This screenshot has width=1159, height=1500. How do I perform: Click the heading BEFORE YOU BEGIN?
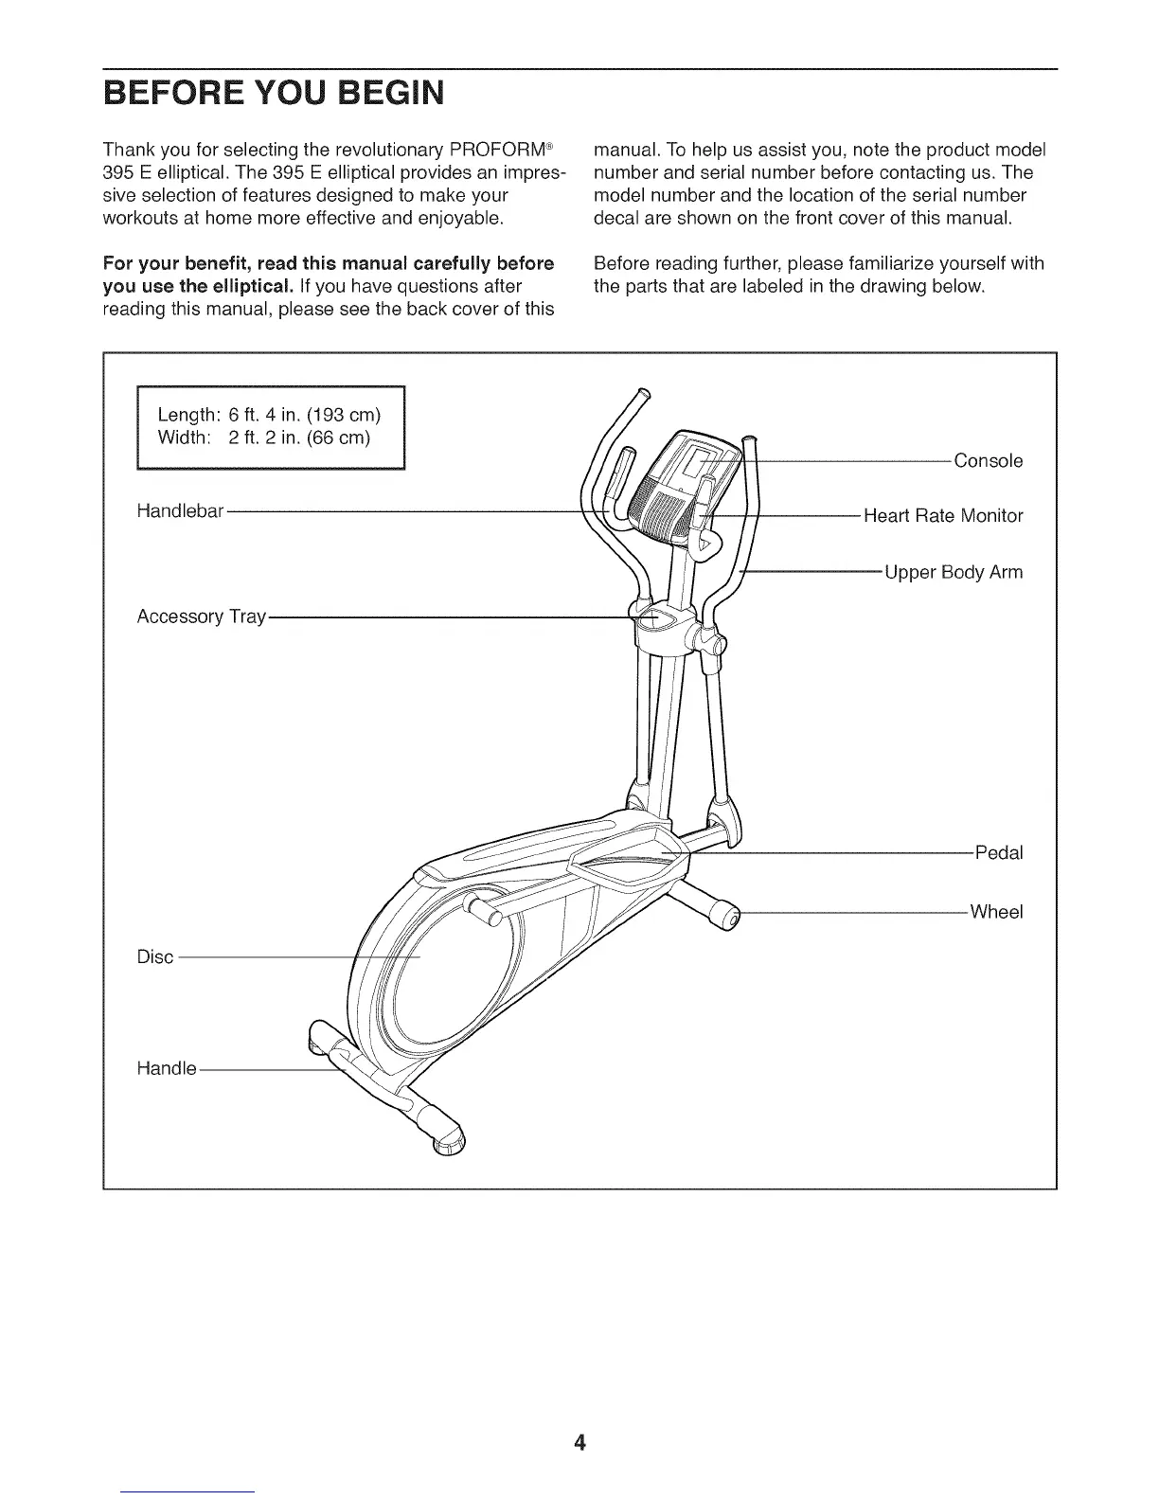pyautogui.click(x=273, y=94)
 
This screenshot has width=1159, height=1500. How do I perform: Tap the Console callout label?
pyautogui.click(x=988, y=461)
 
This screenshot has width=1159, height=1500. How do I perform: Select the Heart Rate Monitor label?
pyautogui.click(x=943, y=516)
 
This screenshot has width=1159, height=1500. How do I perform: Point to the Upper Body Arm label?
pyautogui.click(x=954, y=572)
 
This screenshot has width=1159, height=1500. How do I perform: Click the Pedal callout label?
pyautogui.click(x=999, y=852)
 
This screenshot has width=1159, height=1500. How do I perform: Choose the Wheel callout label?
pyautogui.click(x=996, y=912)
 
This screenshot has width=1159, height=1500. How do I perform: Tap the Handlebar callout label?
pyautogui.click(x=180, y=511)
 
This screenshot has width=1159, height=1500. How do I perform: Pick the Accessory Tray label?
pyautogui.click(x=201, y=616)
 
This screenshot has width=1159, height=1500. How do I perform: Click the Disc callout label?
pyautogui.click(x=155, y=956)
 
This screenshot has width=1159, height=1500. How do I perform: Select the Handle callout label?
pyautogui.click(x=167, y=1068)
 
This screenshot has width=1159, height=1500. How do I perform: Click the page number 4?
pyautogui.click(x=579, y=1442)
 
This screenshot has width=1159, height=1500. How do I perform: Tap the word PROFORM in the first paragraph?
pyautogui.click(x=501, y=151)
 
